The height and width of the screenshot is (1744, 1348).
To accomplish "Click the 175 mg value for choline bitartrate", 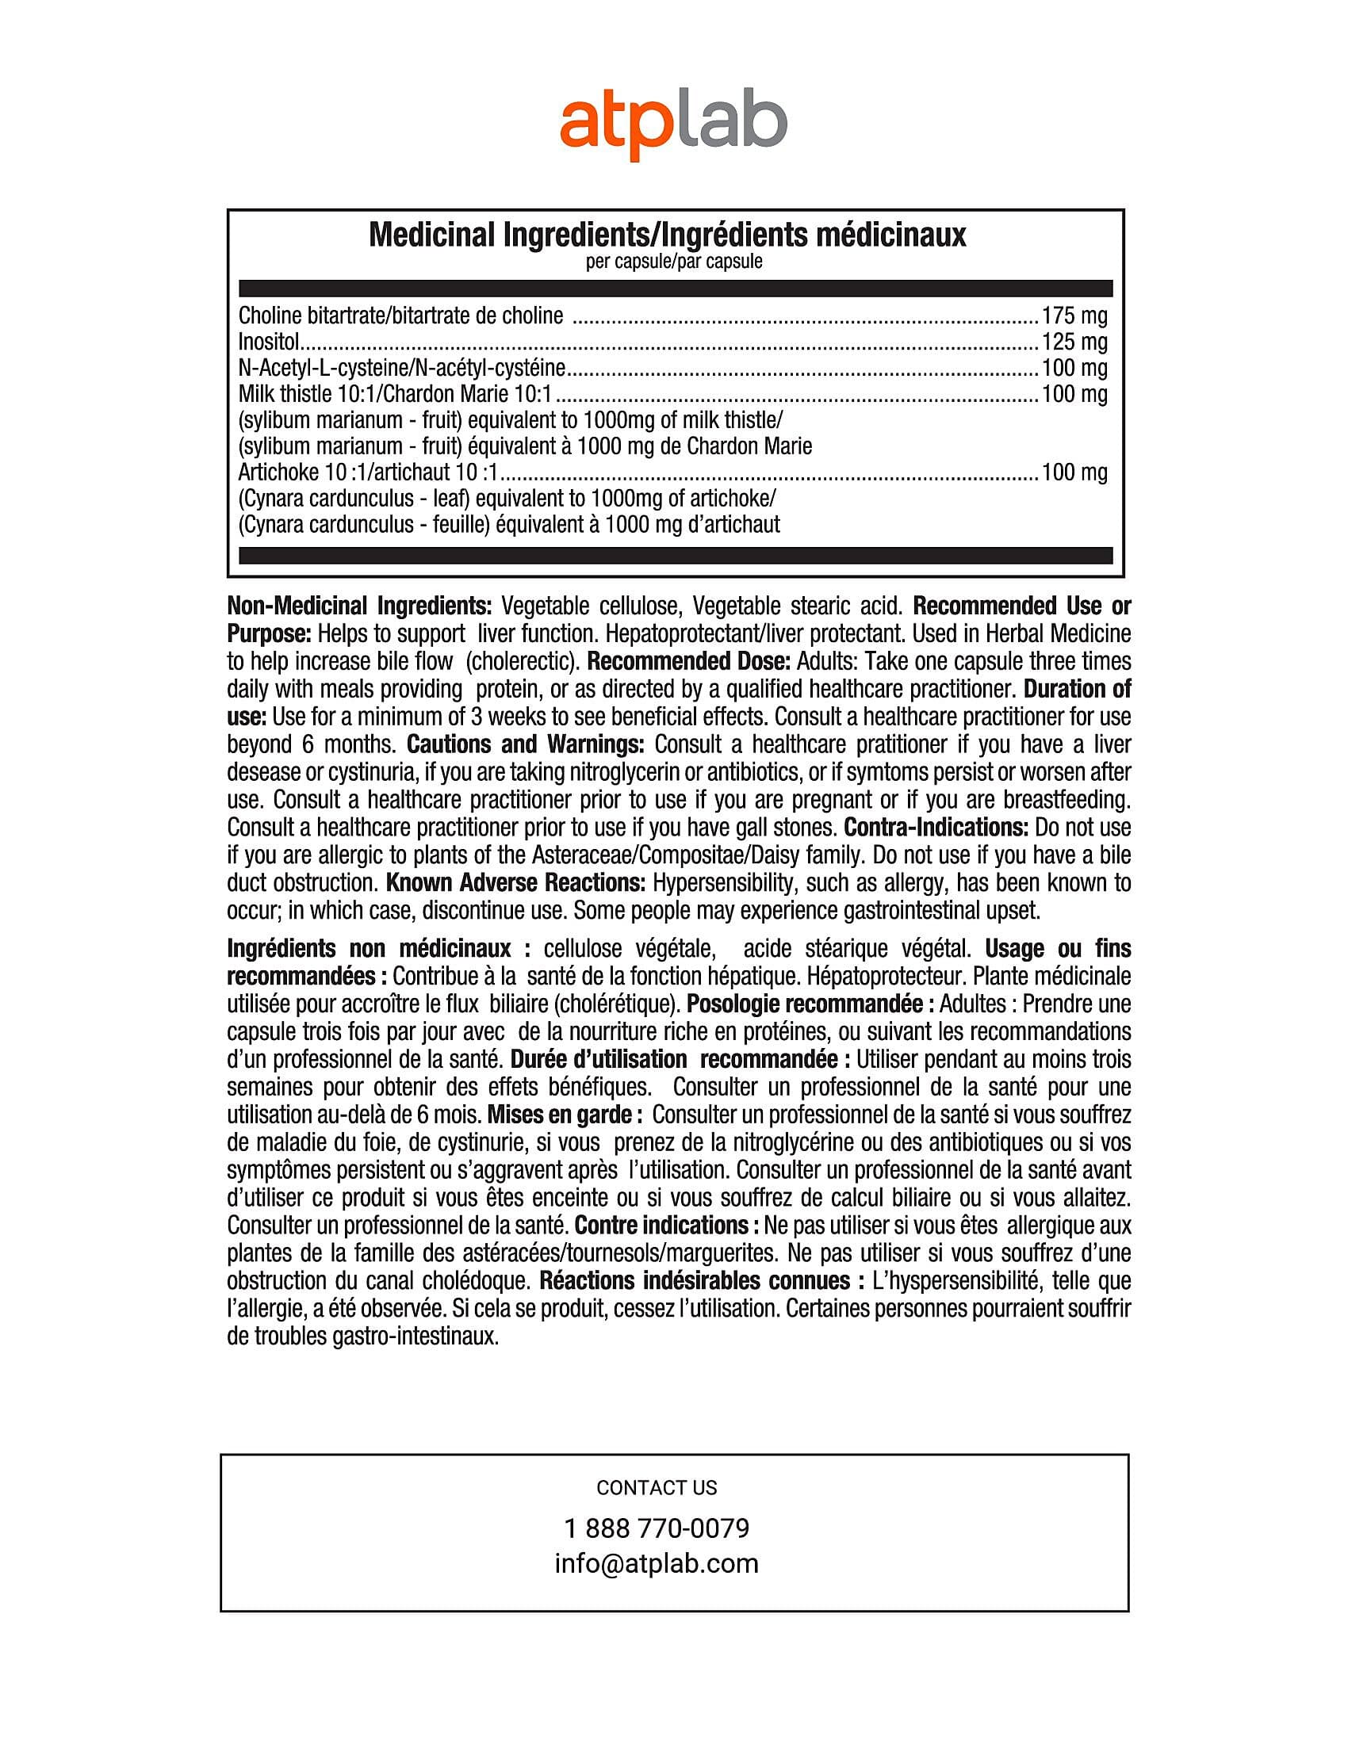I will [1074, 316].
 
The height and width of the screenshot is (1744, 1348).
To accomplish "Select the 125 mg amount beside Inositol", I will [1074, 342].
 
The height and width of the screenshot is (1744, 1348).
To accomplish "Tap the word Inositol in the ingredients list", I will [268, 342].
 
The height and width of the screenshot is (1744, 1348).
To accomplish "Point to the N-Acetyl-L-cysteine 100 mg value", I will [1074, 368].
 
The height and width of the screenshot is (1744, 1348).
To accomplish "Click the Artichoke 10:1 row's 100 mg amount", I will [1074, 472].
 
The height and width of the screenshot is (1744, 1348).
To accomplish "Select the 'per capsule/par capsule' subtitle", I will [673, 262].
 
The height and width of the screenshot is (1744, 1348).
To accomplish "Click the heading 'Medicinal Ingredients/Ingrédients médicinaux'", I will [667, 235].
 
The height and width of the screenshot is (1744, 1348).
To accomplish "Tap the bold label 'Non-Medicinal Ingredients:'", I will [359, 606].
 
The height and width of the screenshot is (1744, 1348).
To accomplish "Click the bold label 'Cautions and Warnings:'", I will [526, 745].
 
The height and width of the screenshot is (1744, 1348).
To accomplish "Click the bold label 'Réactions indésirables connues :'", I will [702, 1281].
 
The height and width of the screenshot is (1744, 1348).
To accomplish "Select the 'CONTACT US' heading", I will [657, 1488].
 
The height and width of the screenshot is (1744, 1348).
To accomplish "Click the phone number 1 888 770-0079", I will [657, 1528].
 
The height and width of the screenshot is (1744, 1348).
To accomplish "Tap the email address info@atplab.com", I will [657, 1563].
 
